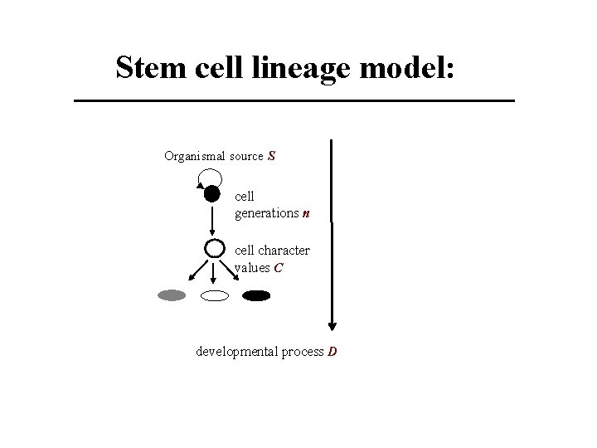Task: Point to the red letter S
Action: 272,156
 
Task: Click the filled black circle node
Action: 212,195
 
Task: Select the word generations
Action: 266,213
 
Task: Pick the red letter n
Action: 306,213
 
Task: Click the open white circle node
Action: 214,248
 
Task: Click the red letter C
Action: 279,268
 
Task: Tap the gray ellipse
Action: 172,295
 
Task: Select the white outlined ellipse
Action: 215,295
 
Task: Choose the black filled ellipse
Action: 257,295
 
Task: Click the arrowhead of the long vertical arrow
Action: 332,324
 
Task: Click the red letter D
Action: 332,352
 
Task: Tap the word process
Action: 302,352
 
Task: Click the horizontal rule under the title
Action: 294,100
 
